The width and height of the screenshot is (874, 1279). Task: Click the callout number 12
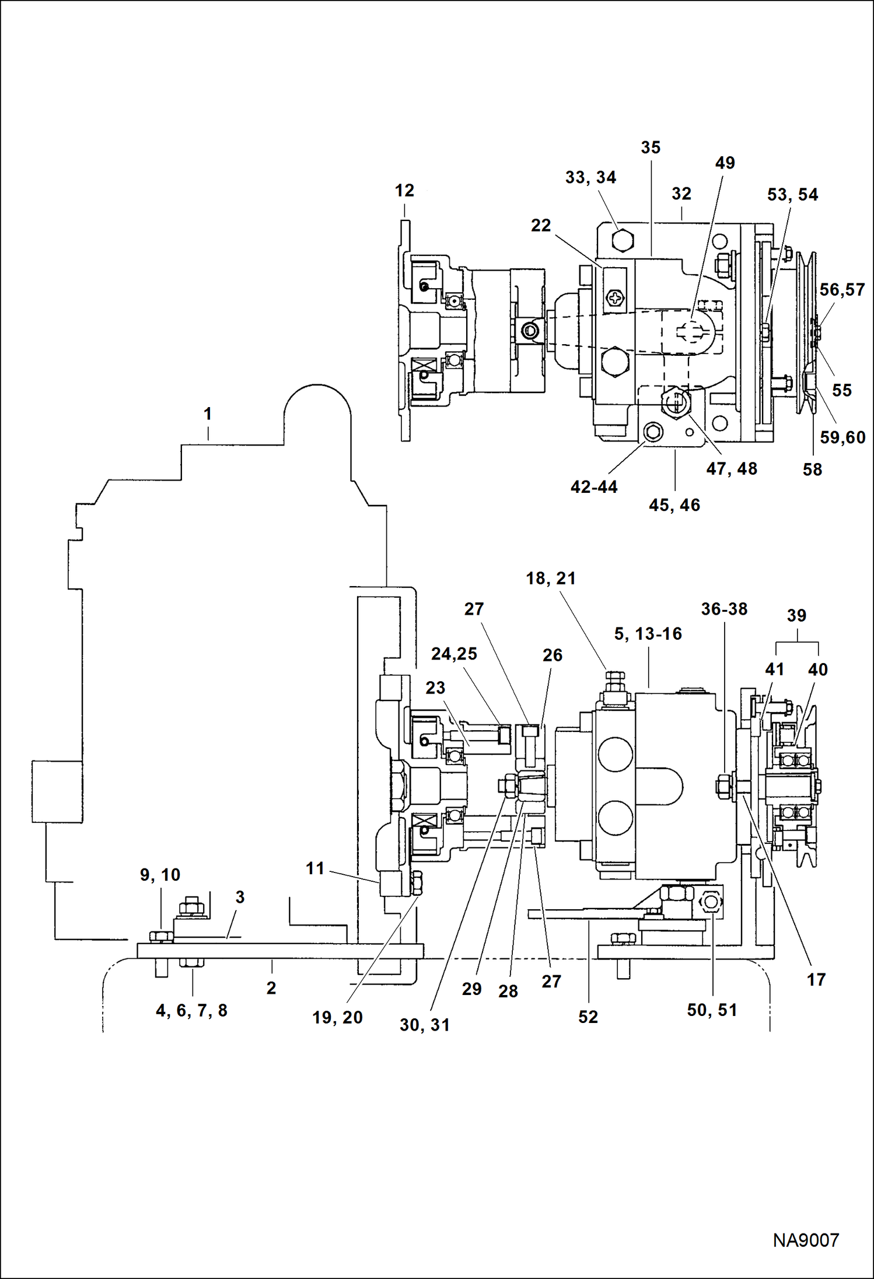tap(404, 191)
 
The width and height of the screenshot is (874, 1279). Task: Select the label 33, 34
tap(590, 177)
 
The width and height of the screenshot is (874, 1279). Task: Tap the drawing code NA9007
tap(806, 1239)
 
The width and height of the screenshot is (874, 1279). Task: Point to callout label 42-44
tap(594, 487)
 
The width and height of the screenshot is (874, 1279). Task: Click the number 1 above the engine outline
tap(208, 414)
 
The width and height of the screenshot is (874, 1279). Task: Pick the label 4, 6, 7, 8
tap(191, 1011)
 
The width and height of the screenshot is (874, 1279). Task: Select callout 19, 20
tap(337, 1018)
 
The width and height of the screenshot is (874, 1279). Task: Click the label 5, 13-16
tap(648, 634)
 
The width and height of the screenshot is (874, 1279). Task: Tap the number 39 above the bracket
tap(796, 615)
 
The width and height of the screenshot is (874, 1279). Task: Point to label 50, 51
tap(712, 1010)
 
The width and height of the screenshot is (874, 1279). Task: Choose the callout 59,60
tap(842, 437)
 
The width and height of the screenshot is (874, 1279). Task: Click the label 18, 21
tap(551, 579)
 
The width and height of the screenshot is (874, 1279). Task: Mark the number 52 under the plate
tap(588, 1017)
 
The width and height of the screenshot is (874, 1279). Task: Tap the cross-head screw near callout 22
tap(615, 299)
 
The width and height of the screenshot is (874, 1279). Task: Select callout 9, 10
tap(160, 875)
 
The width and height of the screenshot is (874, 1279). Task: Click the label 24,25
tap(454, 654)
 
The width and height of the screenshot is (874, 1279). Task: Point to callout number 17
tap(816, 980)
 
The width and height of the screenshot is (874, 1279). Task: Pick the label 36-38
tap(724, 609)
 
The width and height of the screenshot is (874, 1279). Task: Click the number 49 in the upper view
tap(725, 163)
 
